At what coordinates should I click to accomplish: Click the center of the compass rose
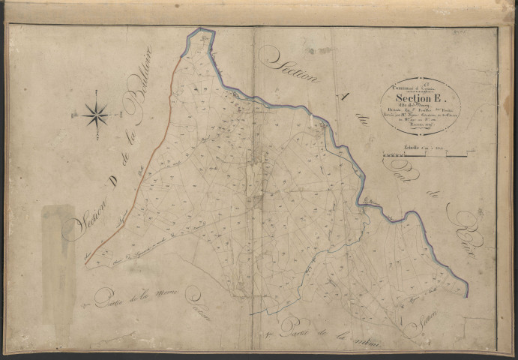point(95,115)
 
